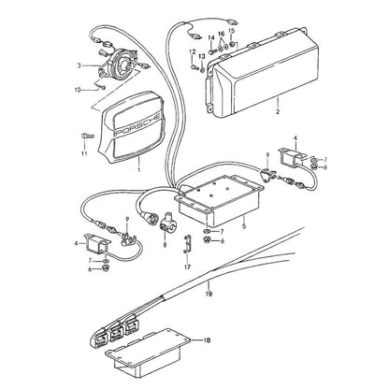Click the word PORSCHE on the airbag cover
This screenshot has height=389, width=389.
coord(138,124)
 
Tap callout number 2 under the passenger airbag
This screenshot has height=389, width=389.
coord(278,111)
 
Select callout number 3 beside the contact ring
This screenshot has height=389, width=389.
coord(79,65)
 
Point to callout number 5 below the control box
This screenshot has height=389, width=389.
coord(244,225)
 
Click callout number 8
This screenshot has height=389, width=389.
coord(165,245)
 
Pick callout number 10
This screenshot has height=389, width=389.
coord(78,90)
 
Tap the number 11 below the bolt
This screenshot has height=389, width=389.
coord(84,153)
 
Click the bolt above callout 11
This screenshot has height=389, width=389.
coord(87,136)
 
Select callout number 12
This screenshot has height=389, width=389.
coord(192,51)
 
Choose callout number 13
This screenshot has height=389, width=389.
coord(202,56)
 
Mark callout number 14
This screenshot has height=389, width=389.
coord(211,38)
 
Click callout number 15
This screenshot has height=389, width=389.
coord(231,31)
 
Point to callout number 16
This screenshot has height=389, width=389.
coord(221,34)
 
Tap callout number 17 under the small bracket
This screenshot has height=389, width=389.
coord(187,267)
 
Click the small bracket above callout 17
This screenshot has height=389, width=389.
coord(186,244)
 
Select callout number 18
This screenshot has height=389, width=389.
coord(207,339)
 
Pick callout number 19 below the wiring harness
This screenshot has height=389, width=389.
coord(209,294)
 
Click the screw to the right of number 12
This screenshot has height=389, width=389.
coord(194,67)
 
